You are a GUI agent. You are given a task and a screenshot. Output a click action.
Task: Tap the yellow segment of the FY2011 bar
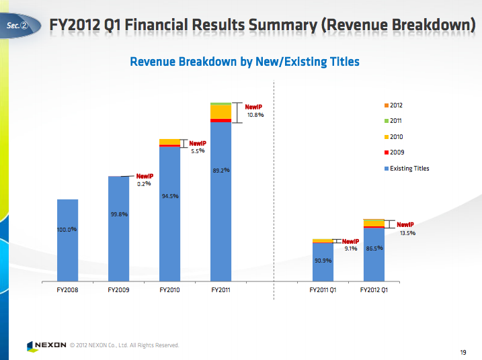(x=220, y=111)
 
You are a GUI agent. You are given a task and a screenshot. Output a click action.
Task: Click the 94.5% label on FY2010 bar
(x=169, y=196)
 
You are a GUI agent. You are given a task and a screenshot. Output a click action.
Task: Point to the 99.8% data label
(x=119, y=214)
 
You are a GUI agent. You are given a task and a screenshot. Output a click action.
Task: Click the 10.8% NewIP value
(x=255, y=115)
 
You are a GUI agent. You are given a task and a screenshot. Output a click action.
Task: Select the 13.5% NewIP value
(x=407, y=233)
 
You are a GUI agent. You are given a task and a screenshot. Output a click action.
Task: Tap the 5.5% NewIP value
(x=197, y=151)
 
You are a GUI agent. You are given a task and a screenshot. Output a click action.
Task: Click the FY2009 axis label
(x=118, y=291)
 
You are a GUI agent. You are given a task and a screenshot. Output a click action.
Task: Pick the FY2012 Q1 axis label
(x=374, y=291)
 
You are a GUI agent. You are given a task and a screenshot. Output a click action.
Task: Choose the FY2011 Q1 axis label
(x=323, y=291)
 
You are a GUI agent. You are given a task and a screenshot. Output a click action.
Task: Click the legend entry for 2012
(x=396, y=105)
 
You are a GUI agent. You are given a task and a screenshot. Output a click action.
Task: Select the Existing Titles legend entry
(x=409, y=169)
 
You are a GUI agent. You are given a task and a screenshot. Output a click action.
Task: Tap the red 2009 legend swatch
(x=386, y=152)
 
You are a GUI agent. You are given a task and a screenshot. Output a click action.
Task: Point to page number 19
(x=463, y=352)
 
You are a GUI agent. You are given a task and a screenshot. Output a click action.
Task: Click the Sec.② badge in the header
(x=17, y=26)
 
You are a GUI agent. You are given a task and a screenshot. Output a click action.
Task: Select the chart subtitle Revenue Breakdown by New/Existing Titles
(x=244, y=62)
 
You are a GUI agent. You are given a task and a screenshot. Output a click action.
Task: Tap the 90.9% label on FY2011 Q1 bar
(x=323, y=261)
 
